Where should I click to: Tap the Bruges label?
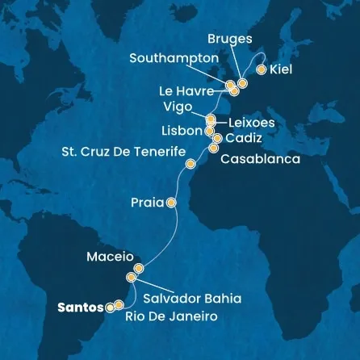coord(230,38)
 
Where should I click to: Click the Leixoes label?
coord(252,123)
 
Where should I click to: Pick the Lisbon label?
coord(182,130)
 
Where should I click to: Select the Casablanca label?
coord(260,159)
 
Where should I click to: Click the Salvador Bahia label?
coord(191,299)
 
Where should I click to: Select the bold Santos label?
coord(81,307)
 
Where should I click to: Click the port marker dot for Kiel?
coord(261,69)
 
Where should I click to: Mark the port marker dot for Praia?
coord(171,203)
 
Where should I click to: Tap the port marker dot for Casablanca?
coord(214,148)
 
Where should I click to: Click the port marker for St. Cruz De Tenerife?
coord(190,165)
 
